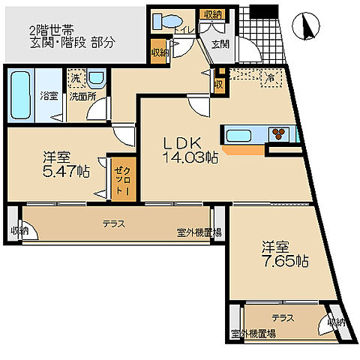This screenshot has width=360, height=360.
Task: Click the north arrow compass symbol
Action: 306,28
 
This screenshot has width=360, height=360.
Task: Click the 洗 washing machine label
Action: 75,78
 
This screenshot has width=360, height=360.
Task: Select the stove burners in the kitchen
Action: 278,135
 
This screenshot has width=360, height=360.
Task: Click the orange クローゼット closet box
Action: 121,178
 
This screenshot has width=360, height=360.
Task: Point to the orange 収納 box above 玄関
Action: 211,14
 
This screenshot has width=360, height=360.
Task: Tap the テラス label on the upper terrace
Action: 113,223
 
